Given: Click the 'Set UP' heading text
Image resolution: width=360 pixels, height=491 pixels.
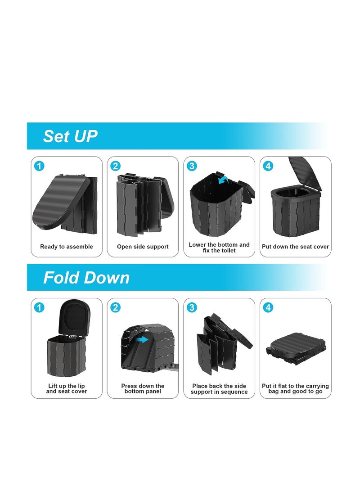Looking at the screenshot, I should pos(70,136).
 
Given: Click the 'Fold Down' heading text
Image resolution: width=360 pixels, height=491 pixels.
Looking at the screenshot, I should pos(86,278).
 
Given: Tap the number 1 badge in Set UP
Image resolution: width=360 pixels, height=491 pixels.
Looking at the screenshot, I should pos(39,166).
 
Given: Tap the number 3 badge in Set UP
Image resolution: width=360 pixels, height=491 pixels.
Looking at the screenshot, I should pos(192,166).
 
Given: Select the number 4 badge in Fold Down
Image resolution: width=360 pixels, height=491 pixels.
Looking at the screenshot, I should pos(269,307).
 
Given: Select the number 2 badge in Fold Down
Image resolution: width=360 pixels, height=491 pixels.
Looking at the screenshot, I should pos(116,307).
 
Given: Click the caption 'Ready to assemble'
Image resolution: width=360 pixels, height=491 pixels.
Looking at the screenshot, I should pos(67,247).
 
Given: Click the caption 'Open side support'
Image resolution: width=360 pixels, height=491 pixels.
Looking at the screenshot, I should pos(143,247).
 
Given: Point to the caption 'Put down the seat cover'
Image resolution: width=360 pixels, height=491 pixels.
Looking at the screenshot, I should pos(295,247).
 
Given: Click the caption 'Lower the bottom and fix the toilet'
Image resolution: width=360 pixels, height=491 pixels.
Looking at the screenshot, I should pos(219,248).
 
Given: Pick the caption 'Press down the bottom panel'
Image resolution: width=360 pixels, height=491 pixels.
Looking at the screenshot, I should pos(143,389).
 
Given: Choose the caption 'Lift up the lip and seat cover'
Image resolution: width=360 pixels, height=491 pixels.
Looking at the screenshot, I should pos(67,389).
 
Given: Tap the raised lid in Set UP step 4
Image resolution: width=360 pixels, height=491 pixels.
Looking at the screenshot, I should pos(306,173).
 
